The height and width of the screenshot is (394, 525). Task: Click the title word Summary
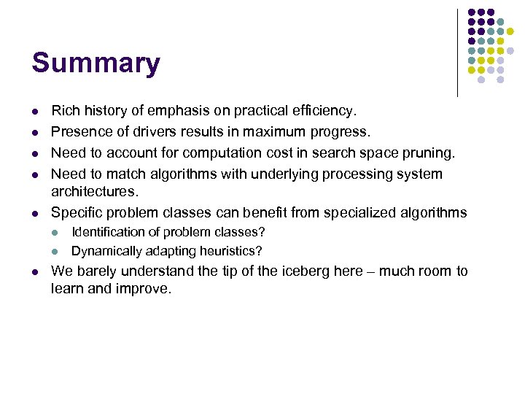pyautogui.click(x=96, y=64)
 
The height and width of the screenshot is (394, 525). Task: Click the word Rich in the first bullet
pyautogui.click(x=64, y=111)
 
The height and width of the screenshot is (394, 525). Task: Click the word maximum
pyautogui.click(x=259, y=132)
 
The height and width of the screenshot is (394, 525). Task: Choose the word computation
pyautogui.click(x=223, y=153)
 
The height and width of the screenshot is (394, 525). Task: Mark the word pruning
pyautogui.click(x=430, y=153)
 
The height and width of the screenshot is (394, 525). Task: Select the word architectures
pyautogui.click(x=94, y=191)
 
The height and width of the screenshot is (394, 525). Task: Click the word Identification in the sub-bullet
pyautogui.click(x=108, y=231)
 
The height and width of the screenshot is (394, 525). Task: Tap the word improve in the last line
pyautogui.click(x=146, y=288)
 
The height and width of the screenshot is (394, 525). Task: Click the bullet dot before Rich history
pyautogui.click(x=35, y=112)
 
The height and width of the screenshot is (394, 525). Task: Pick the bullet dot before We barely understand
pyautogui.click(x=35, y=271)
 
